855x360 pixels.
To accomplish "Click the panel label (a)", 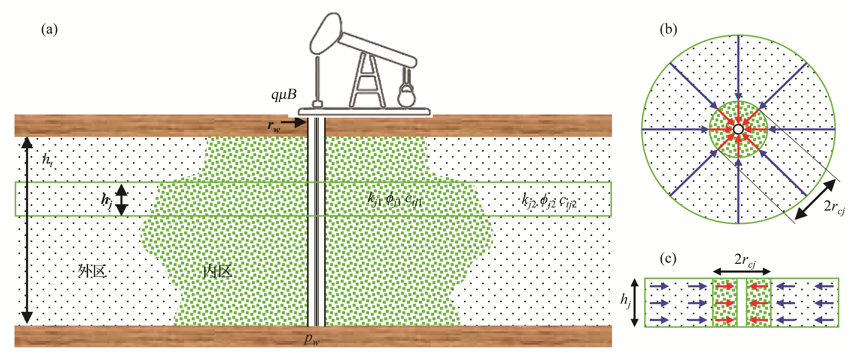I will point(49,30).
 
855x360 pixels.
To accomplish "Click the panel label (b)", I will point(668,30).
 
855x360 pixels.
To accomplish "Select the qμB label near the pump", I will point(284,95).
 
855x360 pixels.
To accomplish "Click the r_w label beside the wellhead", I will point(274,126).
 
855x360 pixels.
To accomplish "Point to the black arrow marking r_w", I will point(294,123).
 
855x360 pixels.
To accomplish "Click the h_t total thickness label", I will point(47,160).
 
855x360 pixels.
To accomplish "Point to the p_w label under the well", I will point(311,339).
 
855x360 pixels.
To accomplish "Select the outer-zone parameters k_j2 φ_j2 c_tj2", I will point(549,201).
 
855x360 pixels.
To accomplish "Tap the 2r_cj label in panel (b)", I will point(834,207).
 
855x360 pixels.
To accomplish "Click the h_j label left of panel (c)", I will point(626,301).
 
